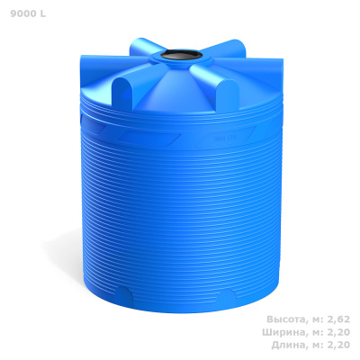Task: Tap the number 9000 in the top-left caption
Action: tap(23, 13)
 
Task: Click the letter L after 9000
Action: tap(43, 13)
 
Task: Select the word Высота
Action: tap(286, 319)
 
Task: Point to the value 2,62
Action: tap(338, 319)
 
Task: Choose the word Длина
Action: tap(289, 345)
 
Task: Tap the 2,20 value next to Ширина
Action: tap(338, 332)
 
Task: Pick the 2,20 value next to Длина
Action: tap(338, 345)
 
